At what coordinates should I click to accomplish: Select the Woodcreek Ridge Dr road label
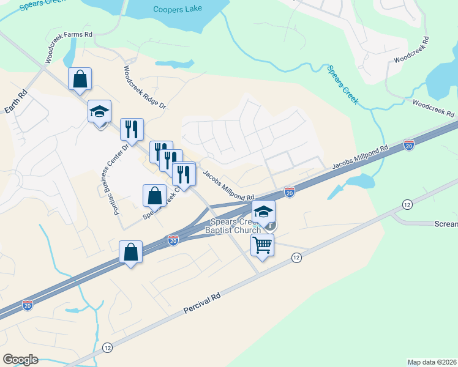[145, 87]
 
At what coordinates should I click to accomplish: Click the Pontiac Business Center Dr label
[111, 168]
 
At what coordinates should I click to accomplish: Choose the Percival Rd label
[201, 304]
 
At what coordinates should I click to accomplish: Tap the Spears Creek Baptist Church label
[236, 226]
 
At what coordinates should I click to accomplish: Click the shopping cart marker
[263, 245]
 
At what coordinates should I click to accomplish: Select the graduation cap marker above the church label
[263, 212]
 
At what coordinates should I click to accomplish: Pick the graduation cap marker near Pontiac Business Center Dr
[99, 111]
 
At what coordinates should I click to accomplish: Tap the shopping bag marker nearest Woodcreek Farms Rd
[80, 79]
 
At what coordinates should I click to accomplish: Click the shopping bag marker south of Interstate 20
[131, 251]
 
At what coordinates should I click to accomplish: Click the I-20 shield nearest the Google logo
[28, 303]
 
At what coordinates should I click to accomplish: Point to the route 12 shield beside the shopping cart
[296, 258]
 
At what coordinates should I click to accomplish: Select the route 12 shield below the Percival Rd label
[107, 347]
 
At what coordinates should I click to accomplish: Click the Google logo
[20, 359]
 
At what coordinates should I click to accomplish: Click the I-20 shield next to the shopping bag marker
[173, 240]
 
